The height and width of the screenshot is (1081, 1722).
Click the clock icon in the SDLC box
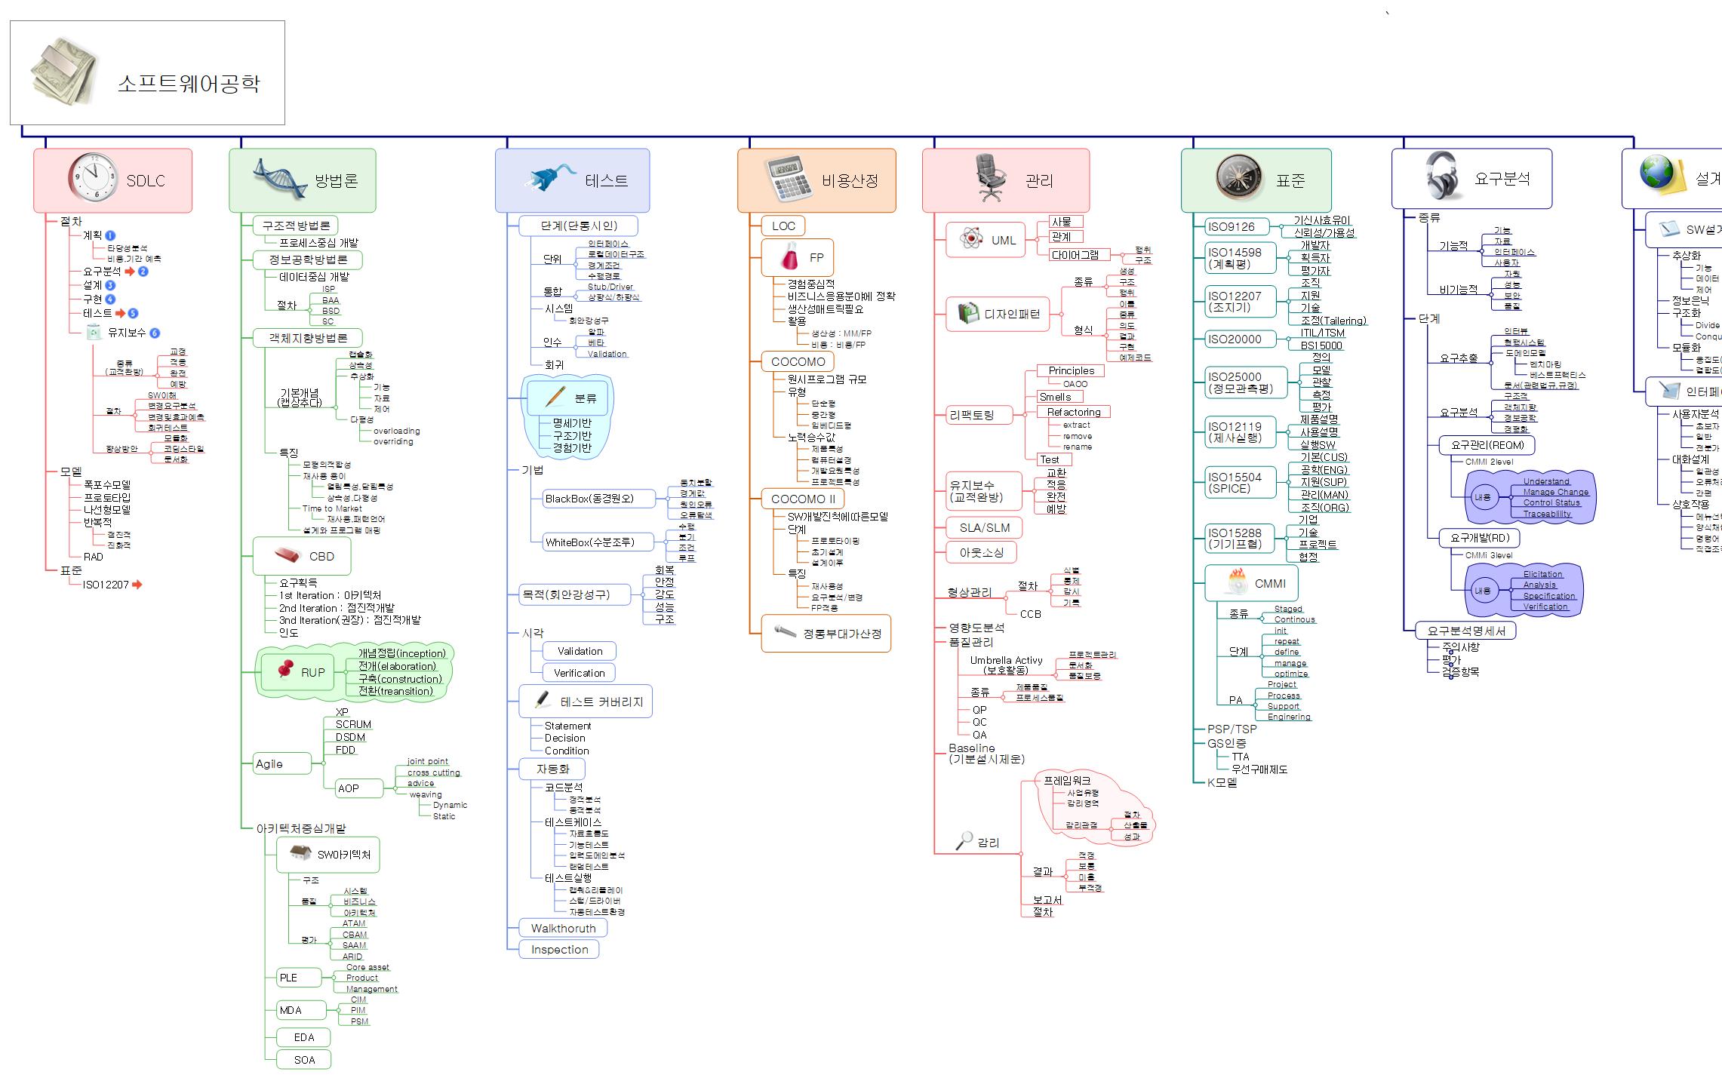(x=93, y=178)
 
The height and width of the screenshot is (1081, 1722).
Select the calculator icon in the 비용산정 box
(x=788, y=179)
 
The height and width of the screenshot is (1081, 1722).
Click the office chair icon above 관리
(x=991, y=178)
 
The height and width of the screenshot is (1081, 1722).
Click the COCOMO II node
(x=803, y=499)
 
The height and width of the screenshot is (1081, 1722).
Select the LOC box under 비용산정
(x=783, y=226)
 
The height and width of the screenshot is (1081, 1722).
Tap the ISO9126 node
(x=1231, y=226)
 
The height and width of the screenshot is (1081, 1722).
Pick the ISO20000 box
(x=1235, y=339)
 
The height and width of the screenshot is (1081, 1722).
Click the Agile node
(x=269, y=764)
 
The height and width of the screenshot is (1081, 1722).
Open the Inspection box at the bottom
(x=559, y=950)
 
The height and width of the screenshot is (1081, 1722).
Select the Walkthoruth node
(x=563, y=929)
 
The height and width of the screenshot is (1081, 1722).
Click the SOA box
(x=304, y=1060)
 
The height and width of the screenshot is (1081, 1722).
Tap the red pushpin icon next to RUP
(x=285, y=669)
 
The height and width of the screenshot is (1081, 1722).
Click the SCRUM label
(x=353, y=724)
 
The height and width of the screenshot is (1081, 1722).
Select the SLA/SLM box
(x=984, y=528)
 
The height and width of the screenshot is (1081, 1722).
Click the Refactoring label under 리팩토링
(x=1073, y=412)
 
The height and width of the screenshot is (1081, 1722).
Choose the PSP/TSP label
(x=1232, y=729)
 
